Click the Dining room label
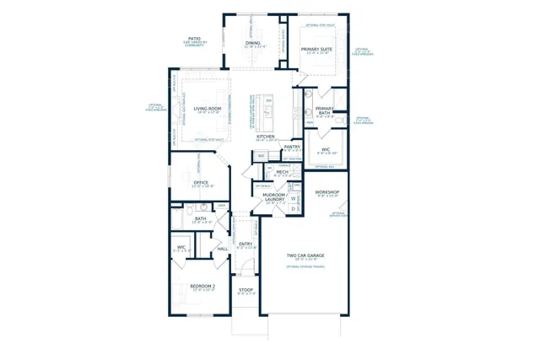pos(253,42)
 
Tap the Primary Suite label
pos(317,50)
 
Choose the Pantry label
pos(292,147)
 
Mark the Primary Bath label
pos(325,110)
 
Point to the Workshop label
pos(327,192)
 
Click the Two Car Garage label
pos(305,255)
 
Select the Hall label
pos(223,249)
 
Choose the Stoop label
pos(246,290)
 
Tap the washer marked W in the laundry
pos(294,200)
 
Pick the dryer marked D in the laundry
pos(294,208)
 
